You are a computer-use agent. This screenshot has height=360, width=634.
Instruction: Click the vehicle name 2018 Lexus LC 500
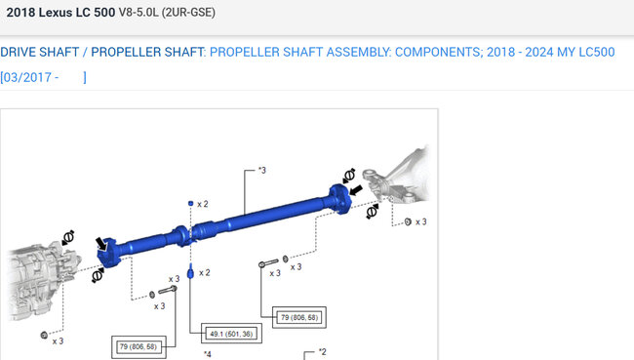(x=60, y=12)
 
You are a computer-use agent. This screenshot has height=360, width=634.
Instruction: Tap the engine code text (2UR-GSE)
(x=188, y=12)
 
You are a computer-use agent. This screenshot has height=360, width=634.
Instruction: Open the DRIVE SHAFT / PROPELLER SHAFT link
(x=102, y=52)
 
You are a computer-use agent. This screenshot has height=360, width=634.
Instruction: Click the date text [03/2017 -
(x=29, y=77)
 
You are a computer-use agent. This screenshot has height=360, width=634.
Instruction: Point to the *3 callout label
(x=262, y=171)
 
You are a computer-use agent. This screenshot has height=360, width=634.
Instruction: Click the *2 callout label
(x=322, y=352)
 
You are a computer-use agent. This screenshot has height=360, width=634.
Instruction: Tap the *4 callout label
(x=208, y=354)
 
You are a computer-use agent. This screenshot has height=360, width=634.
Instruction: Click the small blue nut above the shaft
(x=191, y=204)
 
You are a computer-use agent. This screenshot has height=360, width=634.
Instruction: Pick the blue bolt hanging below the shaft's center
(x=190, y=271)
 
